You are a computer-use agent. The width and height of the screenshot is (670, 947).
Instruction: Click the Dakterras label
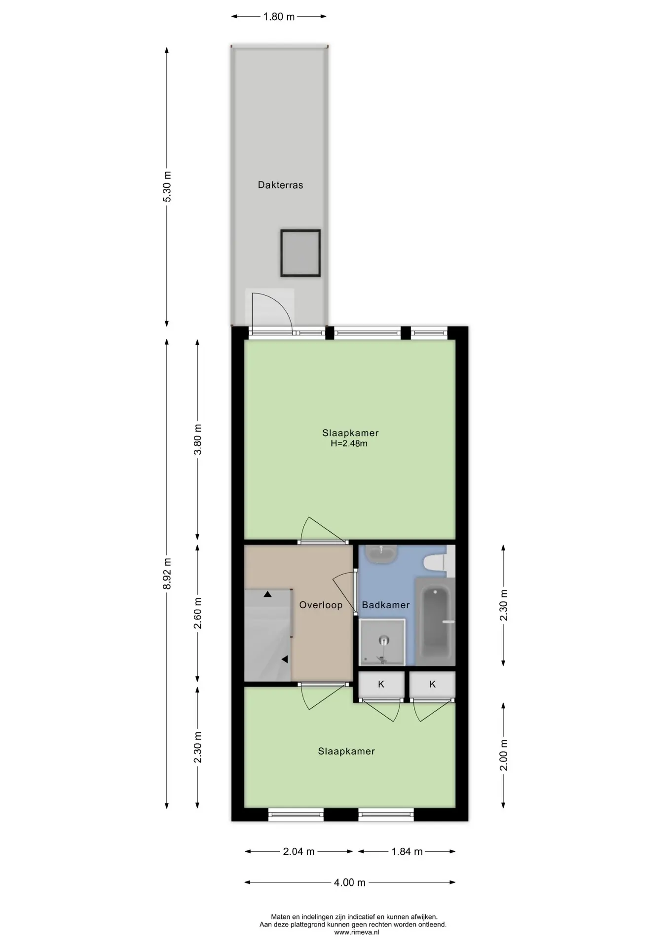tap(280, 185)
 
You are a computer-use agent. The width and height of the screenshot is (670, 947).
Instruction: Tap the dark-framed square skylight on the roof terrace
tap(300, 253)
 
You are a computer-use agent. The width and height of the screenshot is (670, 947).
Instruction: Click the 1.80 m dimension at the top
tap(279, 17)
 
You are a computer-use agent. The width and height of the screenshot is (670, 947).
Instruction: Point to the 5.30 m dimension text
tap(167, 186)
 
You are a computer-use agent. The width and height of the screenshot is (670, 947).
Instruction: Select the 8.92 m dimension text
tap(167, 574)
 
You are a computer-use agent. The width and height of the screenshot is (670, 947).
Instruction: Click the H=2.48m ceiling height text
tap(349, 443)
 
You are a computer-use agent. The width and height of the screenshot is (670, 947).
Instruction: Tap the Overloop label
tap(321, 605)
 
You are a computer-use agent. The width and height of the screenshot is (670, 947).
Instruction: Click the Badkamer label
tap(386, 605)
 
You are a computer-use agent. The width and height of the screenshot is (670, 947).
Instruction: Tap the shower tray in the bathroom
tap(382, 642)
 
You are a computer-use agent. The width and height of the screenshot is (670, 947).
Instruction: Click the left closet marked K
tap(381, 684)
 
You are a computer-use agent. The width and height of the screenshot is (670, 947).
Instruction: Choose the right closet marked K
tap(432, 684)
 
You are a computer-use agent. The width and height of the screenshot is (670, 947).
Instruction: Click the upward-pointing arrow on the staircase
tap(267, 594)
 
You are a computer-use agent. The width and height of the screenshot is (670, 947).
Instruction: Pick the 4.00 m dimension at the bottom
tap(350, 882)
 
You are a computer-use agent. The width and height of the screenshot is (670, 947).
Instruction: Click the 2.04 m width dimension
tap(299, 851)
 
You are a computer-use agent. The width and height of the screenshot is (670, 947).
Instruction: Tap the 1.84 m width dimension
tap(407, 851)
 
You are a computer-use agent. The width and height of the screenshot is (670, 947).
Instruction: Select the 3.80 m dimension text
tap(198, 440)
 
